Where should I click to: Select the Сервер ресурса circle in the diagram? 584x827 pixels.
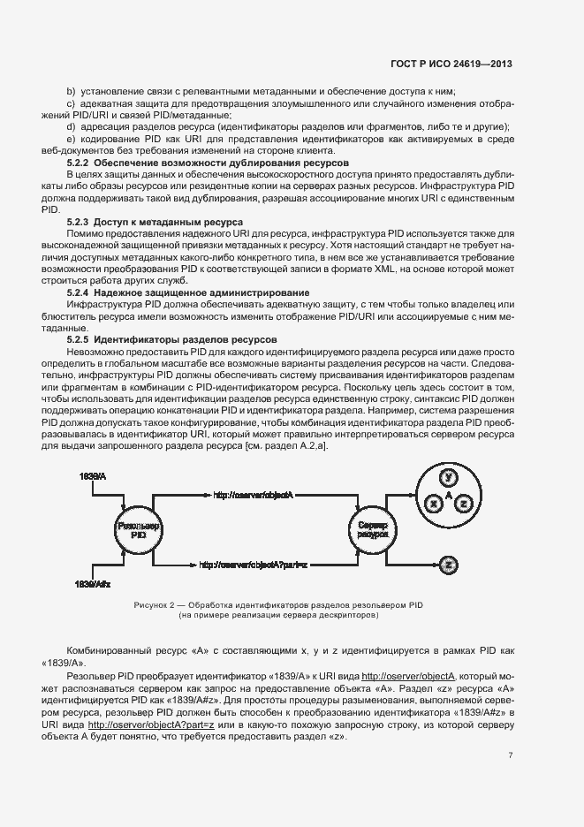371,530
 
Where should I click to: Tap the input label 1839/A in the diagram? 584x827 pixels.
92,476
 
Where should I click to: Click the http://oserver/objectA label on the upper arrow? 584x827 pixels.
254,495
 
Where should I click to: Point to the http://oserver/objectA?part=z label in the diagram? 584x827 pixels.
252,564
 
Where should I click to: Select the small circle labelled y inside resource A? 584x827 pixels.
449,478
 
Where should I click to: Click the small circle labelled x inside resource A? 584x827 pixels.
433,503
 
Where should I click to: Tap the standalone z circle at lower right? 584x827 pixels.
449,564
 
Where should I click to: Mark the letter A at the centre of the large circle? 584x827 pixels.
449,496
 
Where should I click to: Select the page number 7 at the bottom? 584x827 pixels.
510,755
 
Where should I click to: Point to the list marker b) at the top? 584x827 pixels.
72,92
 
